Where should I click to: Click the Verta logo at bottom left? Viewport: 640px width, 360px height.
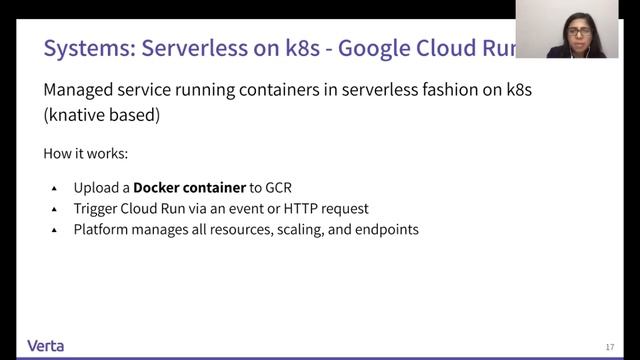(46, 346)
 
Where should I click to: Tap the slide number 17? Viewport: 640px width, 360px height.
(610, 347)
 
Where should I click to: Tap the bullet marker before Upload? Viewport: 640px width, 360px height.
(55, 188)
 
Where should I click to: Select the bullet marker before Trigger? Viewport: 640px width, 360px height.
(55, 209)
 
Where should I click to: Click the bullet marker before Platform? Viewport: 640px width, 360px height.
(55, 230)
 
